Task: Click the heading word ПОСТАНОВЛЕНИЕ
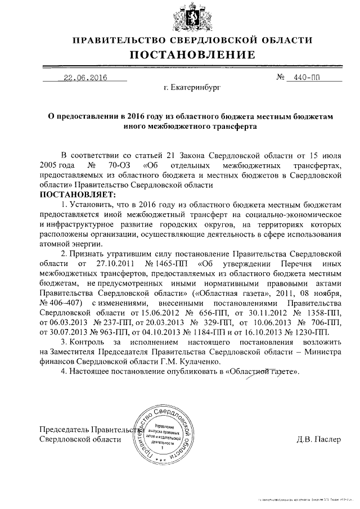click(193, 55)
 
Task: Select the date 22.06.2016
click(85, 78)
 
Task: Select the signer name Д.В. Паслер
click(318, 439)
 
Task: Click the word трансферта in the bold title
click(233, 127)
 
